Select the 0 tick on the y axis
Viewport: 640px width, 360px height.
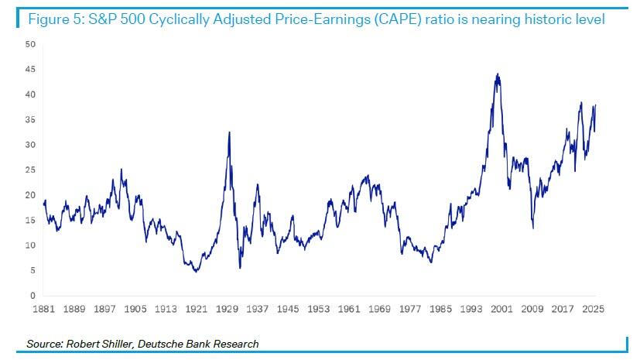[x=33, y=296]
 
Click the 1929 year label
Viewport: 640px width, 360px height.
[x=228, y=308]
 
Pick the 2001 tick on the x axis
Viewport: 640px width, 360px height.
[x=501, y=308]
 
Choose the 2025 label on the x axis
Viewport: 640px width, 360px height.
[x=592, y=308]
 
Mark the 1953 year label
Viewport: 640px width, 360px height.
[x=319, y=308]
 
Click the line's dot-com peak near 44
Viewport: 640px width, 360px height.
[x=498, y=74]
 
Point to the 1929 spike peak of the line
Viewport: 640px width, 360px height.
[x=229, y=132]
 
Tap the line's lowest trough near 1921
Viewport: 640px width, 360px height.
[x=197, y=272]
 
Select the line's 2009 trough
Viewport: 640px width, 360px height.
[x=533, y=228]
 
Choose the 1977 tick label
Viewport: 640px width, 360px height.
[x=409, y=308]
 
